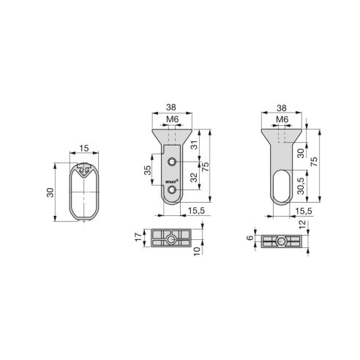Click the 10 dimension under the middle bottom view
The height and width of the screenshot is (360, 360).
(x=198, y=250)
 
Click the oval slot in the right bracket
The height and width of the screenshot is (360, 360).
(x=281, y=186)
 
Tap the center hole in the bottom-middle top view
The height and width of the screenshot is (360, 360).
(x=170, y=239)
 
